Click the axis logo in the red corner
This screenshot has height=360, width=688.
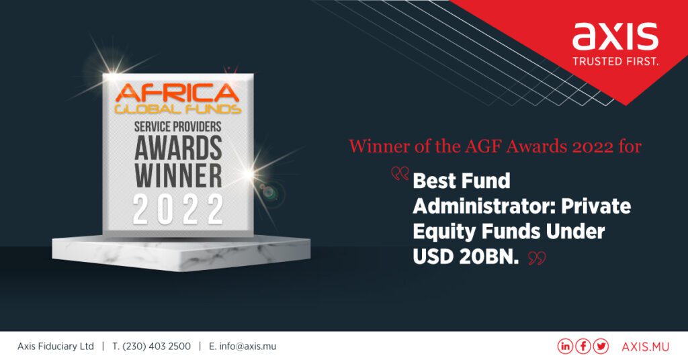615,36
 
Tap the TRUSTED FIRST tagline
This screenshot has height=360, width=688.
615,61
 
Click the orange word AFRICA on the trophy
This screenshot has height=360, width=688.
177,93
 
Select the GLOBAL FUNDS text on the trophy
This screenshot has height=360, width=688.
177,109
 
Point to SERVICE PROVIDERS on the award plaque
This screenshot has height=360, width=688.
177,127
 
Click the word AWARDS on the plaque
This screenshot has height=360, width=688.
178,148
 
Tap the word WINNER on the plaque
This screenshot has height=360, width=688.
178,175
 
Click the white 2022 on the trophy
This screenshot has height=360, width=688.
178,210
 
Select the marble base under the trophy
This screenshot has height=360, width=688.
181,253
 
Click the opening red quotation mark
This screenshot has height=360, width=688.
400,174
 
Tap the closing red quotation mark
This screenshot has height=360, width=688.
537,259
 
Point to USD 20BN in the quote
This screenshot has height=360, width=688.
466,257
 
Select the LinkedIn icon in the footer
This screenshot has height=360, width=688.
565,347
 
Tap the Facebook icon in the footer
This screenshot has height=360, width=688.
583,347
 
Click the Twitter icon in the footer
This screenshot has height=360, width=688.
601,347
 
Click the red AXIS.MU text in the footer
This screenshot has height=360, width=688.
646,347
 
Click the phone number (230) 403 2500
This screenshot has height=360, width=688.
157,347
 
